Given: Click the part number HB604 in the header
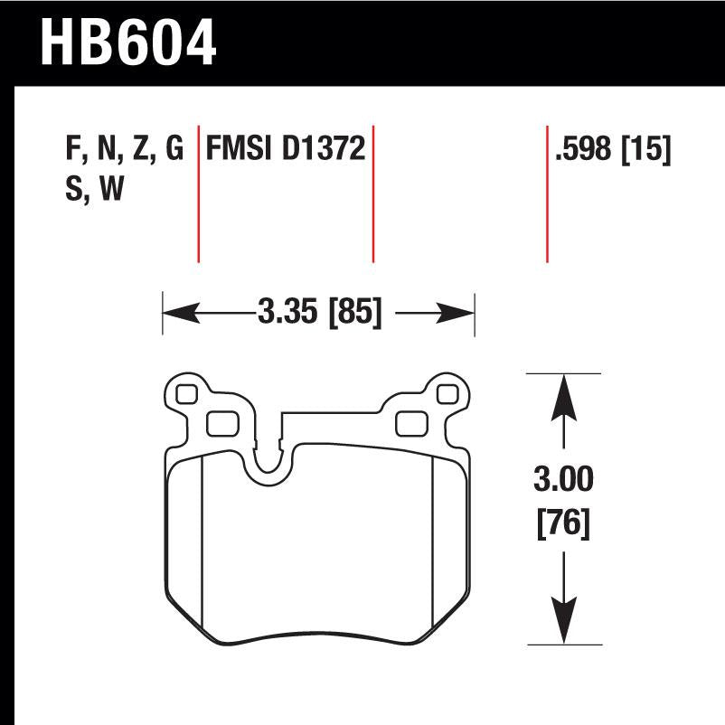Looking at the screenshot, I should pyautogui.click(x=127, y=42).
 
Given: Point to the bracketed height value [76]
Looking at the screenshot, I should pyautogui.click(x=564, y=523).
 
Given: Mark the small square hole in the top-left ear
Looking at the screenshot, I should pyautogui.click(x=186, y=395).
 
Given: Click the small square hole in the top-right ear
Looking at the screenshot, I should pyautogui.click(x=446, y=394).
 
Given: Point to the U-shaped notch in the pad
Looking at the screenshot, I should pyautogui.click(x=268, y=461).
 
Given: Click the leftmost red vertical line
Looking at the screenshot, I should pyautogui.click(x=198, y=194).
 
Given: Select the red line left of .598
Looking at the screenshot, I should pyautogui.click(x=547, y=194).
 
